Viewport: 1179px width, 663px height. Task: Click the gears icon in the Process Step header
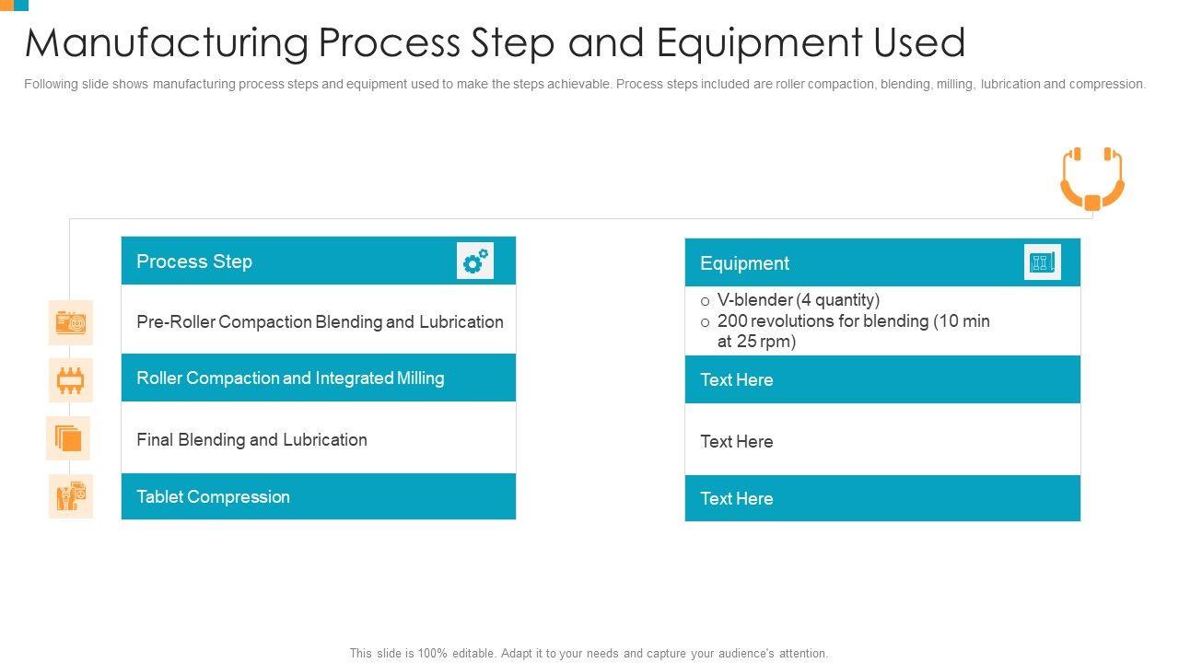(475, 261)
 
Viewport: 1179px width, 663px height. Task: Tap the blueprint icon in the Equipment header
(1042, 262)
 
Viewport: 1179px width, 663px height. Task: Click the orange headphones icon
(1092, 179)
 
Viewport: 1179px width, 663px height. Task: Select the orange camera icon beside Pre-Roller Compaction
(71, 322)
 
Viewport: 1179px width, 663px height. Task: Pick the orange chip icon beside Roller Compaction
(71, 380)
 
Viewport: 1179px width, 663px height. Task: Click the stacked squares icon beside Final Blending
(68, 438)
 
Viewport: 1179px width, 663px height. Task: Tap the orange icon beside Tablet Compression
(71, 496)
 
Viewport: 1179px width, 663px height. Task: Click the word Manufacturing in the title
(167, 43)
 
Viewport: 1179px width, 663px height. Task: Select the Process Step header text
(194, 262)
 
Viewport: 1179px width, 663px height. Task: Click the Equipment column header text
(744, 263)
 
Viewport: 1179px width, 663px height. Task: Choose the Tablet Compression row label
(213, 496)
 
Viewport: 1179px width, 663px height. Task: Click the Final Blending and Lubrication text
(251, 440)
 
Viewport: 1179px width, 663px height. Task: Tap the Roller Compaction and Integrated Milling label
(290, 378)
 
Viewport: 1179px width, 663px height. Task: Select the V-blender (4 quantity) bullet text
(799, 300)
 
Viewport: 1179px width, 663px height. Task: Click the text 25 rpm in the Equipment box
(766, 342)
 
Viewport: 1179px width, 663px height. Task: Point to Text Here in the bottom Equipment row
(736, 499)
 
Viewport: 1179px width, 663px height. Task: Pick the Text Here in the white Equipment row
(736, 442)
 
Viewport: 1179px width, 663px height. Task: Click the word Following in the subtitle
(51, 84)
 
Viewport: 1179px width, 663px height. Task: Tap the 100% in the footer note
(432, 653)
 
